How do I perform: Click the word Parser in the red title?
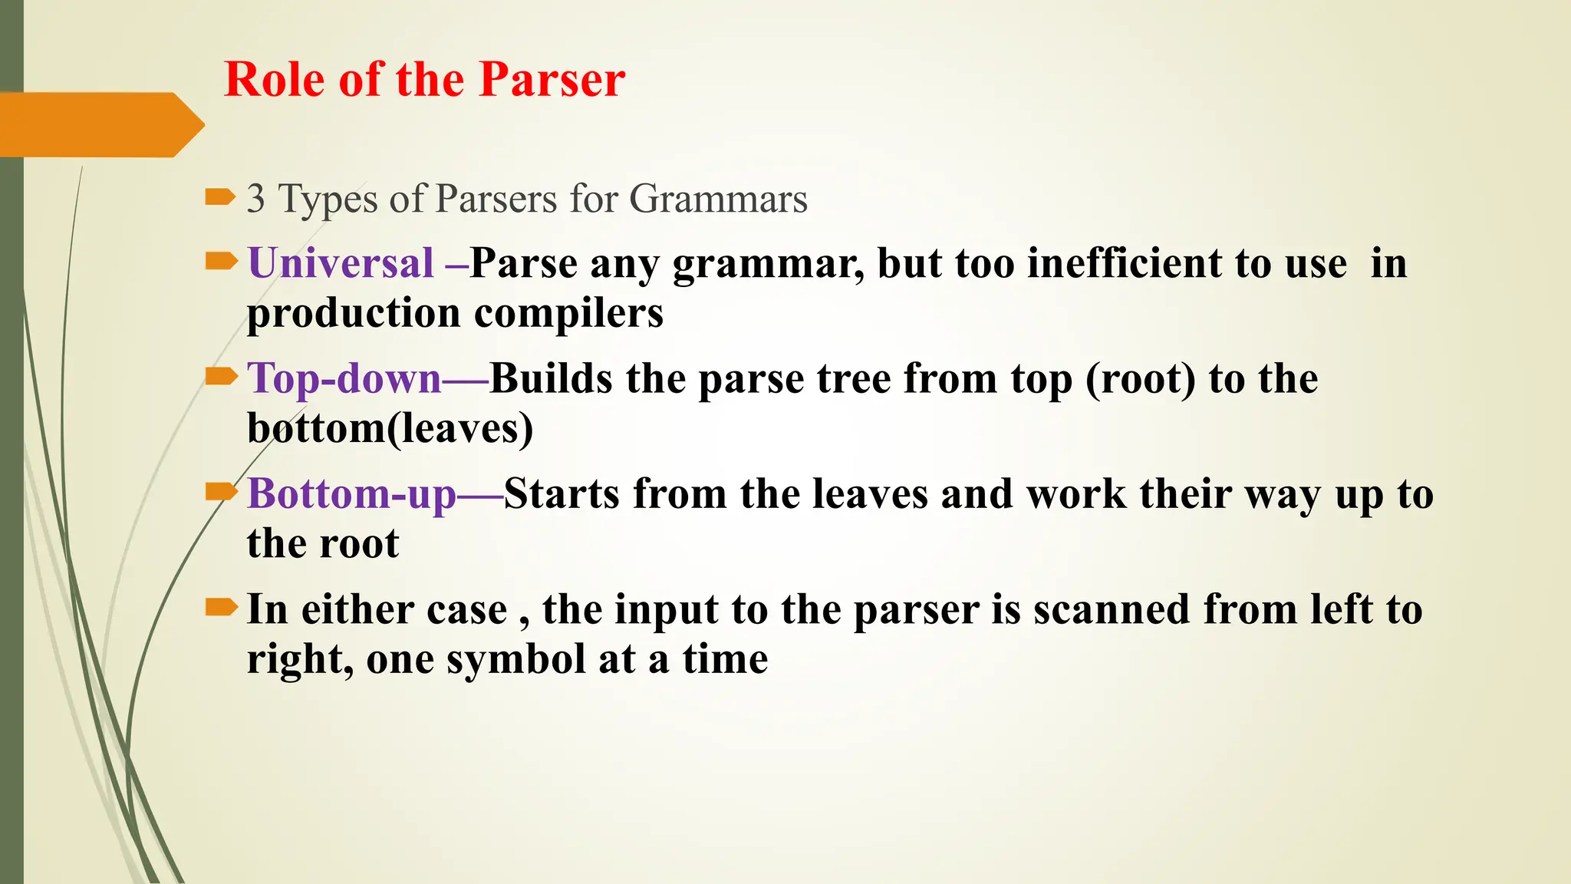point(552,80)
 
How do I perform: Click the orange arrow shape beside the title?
point(100,125)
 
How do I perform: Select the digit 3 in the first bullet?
point(256,199)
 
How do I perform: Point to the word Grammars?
point(718,200)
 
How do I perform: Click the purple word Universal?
point(341,263)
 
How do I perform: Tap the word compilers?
point(568,313)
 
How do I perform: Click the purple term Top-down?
point(344,379)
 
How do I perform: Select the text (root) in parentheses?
point(1140,379)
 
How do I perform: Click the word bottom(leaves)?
point(390,428)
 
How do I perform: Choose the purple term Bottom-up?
point(351,494)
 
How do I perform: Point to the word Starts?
point(562,494)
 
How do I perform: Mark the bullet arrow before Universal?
point(220,262)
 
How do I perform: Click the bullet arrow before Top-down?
point(220,376)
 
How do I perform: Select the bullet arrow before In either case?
point(220,609)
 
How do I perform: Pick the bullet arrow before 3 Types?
point(220,197)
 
